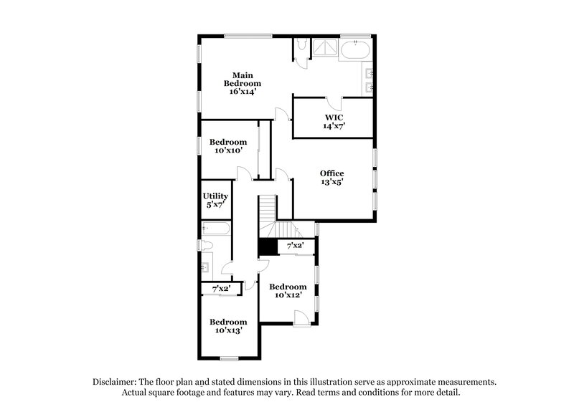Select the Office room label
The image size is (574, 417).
click(x=331, y=178)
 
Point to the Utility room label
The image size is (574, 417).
click(x=215, y=201)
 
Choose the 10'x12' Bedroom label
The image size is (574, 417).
click(x=288, y=290)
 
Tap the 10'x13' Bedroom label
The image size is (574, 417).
click(x=228, y=326)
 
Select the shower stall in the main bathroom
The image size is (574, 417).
click(x=327, y=48)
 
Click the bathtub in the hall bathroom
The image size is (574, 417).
click(x=216, y=230)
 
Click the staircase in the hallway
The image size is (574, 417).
click(x=268, y=213)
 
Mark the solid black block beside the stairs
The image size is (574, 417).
click(x=268, y=246)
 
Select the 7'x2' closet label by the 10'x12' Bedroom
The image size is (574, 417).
click(x=295, y=246)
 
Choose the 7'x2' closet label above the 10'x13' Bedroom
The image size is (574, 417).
click(x=216, y=289)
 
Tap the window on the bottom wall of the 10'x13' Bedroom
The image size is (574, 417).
click(x=229, y=358)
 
